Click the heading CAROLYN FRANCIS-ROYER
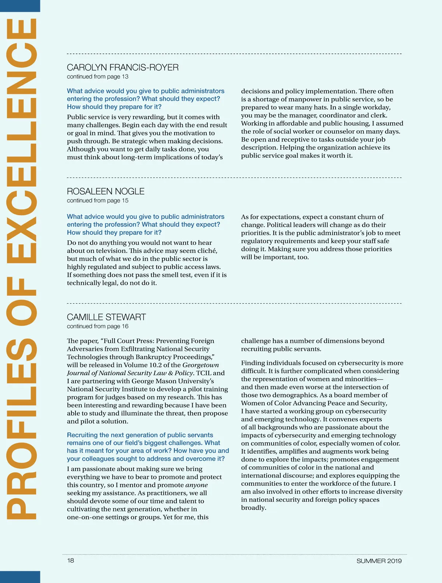click(x=123, y=67)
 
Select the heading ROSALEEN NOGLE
click(x=106, y=191)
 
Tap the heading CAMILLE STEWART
click(x=106, y=317)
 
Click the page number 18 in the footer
click(x=70, y=560)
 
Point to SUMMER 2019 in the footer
click(x=379, y=561)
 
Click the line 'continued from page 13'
click(x=98, y=77)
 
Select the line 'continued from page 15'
click(x=98, y=200)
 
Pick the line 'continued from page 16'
click(x=98, y=326)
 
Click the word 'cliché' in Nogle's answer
click(x=207, y=251)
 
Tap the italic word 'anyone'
click(x=196, y=485)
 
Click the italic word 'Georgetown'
click(x=201, y=365)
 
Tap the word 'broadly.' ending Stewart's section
click(x=254, y=508)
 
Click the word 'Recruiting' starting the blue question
click(x=82, y=435)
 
